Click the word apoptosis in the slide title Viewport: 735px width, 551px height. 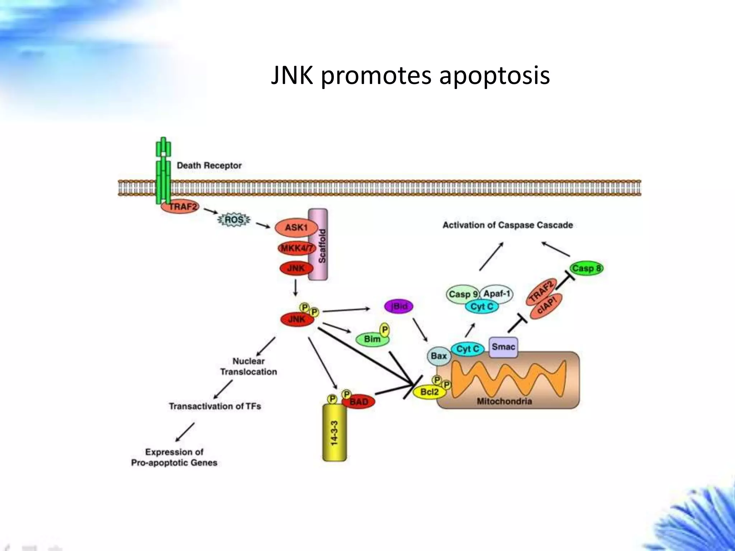[494, 76]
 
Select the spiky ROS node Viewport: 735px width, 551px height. [234, 220]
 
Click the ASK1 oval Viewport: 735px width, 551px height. [296, 228]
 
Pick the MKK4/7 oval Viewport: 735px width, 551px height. [296, 248]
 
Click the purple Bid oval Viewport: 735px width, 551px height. [399, 306]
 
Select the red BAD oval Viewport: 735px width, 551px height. [359, 402]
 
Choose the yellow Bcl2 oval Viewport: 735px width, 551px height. [429, 392]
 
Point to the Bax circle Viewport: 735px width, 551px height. [439, 356]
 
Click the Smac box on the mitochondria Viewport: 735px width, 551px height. [503, 347]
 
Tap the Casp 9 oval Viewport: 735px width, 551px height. [463, 295]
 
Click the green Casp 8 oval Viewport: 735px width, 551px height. [587, 268]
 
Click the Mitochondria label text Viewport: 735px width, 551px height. [504, 401]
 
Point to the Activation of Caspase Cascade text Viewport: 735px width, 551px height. [507, 225]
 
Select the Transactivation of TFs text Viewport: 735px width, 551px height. [215, 406]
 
